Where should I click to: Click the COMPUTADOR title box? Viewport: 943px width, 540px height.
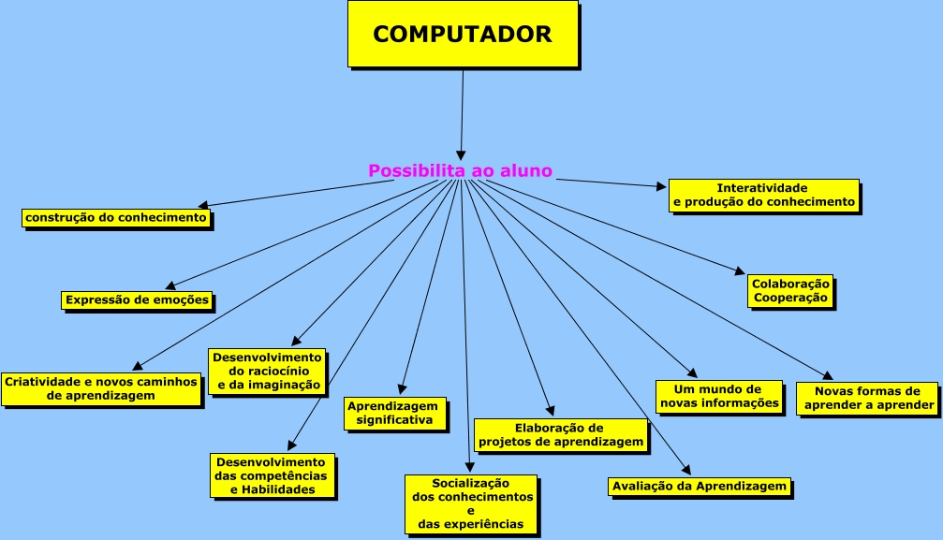click(x=462, y=34)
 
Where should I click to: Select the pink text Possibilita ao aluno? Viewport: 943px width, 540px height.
click(x=460, y=171)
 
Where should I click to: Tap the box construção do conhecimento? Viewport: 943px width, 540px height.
click(x=116, y=218)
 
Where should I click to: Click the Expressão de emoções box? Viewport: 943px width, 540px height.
click(x=137, y=300)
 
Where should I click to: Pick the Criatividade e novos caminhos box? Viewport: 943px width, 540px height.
click(x=101, y=388)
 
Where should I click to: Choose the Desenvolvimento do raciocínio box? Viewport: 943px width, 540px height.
click(x=267, y=371)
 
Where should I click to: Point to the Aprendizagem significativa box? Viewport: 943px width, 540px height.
click(x=393, y=413)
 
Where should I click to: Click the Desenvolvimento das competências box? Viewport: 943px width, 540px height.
click(x=271, y=475)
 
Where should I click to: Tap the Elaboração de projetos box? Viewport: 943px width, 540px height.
click(x=560, y=433)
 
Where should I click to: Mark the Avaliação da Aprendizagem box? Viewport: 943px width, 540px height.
click(x=699, y=487)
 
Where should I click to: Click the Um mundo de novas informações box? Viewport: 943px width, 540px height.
click(x=719, y=396)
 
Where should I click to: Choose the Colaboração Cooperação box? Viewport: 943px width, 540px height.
click(x=790, y=291)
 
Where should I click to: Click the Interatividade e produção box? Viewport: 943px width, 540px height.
click(x=763, y=195)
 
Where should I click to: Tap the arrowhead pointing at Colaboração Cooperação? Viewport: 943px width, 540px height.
click(x=740, y=273)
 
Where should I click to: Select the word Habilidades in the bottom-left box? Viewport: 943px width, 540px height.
click(x=273, y=489)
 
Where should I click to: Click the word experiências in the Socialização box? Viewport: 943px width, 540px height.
click(x=471, y=524)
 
